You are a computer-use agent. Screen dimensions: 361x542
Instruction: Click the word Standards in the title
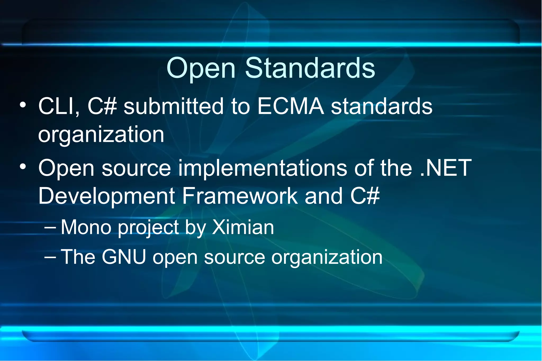point(310,68)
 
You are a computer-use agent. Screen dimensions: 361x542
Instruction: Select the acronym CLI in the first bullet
point(59,106)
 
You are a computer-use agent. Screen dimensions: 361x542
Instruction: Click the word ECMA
point(291,106)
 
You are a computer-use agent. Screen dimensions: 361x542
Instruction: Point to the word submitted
point(174,106)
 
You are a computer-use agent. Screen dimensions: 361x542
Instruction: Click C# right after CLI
point(102,106)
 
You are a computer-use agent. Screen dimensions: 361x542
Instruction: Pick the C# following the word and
point(365,196)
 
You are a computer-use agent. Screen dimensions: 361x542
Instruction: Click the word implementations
point(262,168)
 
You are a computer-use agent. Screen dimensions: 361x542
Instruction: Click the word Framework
point(240,196)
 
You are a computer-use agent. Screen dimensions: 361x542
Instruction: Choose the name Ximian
point(243,227)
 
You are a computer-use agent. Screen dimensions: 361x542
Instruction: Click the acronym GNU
point(124,257)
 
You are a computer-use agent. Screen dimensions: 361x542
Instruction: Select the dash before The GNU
point(50,256)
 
